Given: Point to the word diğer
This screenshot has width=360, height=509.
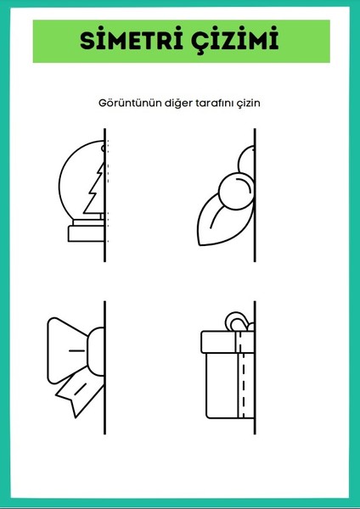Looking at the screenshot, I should [x=171, y=103].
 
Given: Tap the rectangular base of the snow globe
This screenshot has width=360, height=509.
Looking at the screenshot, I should [x=87, y=232].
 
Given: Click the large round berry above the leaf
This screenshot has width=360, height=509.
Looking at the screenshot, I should [x=233, y=188].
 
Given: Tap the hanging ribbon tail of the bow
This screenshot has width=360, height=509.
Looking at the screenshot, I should [x=78, y=388].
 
